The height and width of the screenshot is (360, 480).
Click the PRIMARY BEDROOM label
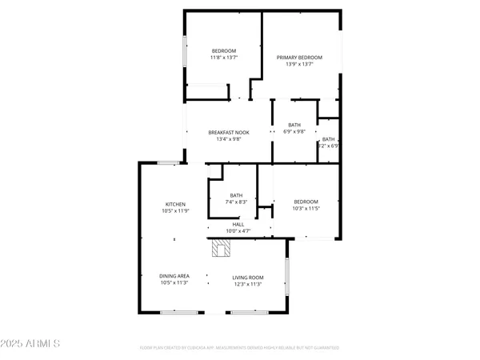click(x=299, y=58)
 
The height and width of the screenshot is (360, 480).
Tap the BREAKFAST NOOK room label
click(x=229, y=132)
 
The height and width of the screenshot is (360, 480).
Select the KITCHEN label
click(x=175, y=204)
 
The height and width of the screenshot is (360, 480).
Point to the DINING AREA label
click(x=175, y=276)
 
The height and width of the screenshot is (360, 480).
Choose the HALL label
click(x=238, y=224)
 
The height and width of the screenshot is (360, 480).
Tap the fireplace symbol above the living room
click(x=222, y=250)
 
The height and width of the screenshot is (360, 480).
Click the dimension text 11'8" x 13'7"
click(x=223, y=58)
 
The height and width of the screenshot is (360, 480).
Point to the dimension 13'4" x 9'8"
click(x=229, y=139)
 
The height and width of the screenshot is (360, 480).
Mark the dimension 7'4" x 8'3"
click(x=236, y=202)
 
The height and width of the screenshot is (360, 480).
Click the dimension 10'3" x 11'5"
click(x=306, y=208)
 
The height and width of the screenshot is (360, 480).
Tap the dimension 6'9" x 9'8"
click(x=294, y=132)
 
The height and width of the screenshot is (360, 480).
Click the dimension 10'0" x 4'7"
click(x=238, y=231)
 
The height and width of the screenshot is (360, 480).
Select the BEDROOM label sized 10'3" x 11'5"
click(x=306, y=201)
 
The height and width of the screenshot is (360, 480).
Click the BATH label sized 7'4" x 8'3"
click(x=236, y=195)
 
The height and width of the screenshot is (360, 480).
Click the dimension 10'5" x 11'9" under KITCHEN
click(x=175, y=211)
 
